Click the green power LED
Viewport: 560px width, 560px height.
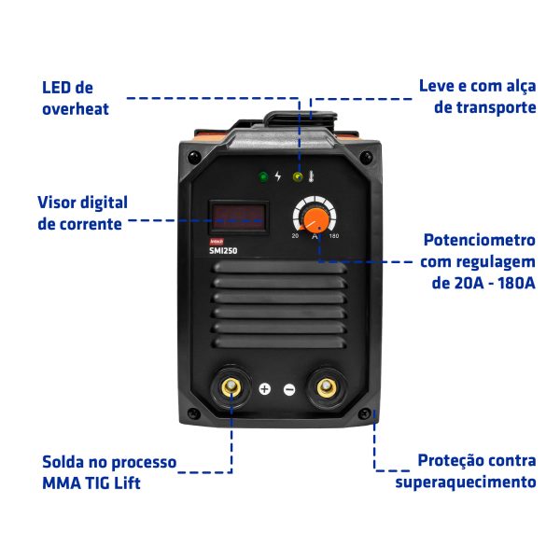[263, 176]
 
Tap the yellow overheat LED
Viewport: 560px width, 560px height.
[298, 176]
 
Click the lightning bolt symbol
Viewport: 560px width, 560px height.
[278, 176]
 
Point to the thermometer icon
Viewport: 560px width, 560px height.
[311, 176]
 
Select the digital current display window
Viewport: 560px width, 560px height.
[239, 217]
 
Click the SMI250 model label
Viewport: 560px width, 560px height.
[223, 251]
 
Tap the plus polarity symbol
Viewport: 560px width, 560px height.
[265, 389]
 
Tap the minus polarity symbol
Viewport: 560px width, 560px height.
[289, 389]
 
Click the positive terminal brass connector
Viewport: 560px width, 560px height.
[231, 387]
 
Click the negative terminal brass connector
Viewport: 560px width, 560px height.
[327, 387]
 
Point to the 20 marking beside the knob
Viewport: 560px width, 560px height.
[295, 236]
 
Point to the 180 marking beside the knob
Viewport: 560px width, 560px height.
[334, 236]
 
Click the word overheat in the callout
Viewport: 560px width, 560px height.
[76, 109]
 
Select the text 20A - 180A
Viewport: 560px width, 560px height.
[483, 283]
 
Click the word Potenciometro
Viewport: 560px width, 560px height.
[480, 240]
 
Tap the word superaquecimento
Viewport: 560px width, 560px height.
[466, 483]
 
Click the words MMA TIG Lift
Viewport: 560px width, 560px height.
[91, 483]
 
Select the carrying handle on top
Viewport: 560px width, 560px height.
[301, 120]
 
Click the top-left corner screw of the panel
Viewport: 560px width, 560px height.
[194, 157]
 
